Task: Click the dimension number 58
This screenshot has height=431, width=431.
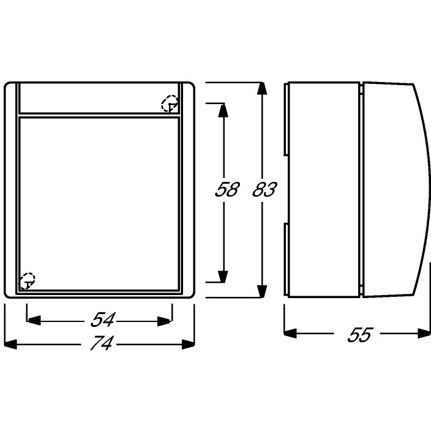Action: point(227,189)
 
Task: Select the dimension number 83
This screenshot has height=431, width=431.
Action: point(264,189)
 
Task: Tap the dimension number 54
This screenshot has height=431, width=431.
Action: point(103,320)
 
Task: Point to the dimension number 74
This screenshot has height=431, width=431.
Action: point(101,343)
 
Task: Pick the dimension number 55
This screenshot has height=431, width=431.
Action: point(360,334)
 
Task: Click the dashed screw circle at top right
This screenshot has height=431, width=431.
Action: point(170,103)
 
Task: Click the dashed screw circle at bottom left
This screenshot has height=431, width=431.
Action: point(27,280)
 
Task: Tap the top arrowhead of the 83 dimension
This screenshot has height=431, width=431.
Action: point(262,89)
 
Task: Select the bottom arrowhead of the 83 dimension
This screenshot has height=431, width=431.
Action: point(262,291)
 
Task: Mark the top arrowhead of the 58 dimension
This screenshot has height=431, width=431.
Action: point(223,110)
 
